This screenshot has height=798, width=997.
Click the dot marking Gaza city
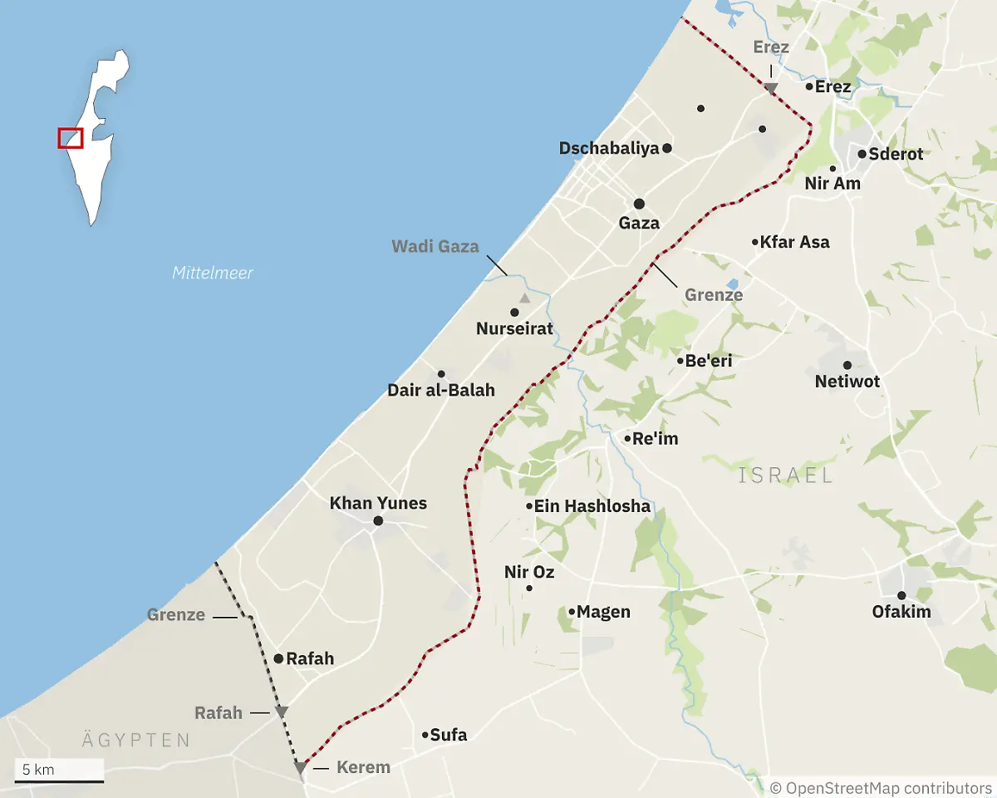[639, 204]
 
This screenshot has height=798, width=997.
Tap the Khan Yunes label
[378, 503]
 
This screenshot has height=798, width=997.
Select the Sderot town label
[896, 154]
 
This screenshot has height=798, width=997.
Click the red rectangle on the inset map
[71, 138]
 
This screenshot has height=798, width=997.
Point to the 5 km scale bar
[59, 781]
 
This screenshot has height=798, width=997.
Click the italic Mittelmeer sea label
[213, 273]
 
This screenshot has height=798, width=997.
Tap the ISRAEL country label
[785, 475]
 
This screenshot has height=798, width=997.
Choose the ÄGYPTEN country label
[136, 740]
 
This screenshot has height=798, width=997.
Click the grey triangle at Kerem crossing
[300, 769]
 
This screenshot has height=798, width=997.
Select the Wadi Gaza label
[435, 246]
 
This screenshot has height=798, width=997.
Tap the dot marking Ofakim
[901, 595]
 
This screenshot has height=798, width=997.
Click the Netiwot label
[847, 382]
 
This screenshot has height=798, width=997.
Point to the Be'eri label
[709, 361]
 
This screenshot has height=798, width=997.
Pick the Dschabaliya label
[609, 148]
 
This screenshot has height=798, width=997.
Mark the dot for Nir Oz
[529, 589]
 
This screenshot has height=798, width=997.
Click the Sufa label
[449, 735]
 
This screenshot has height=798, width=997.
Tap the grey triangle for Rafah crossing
[282, 712]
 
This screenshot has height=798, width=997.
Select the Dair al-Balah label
[441, 390]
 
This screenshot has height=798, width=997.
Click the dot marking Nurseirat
[514, 313]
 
